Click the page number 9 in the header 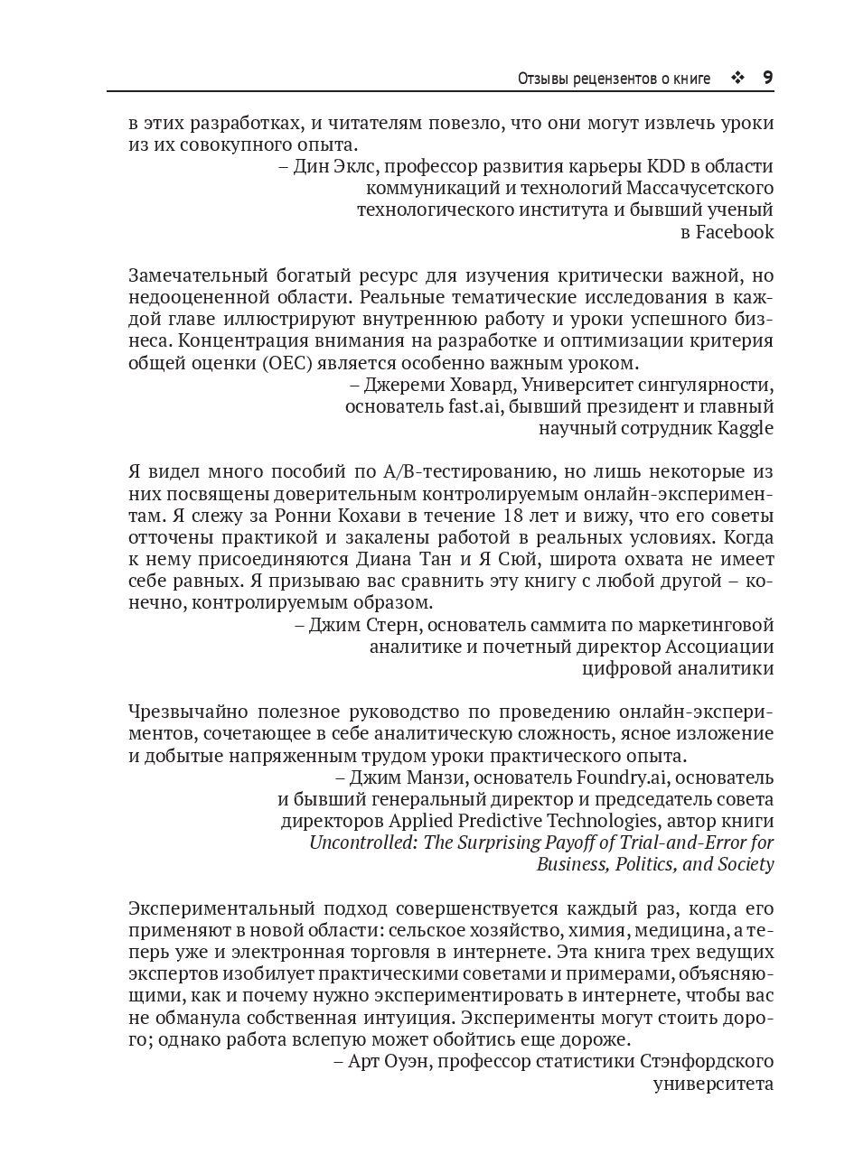pyautogui.click(x=767, y=78)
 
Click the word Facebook pyautogui.click(x=734, y=232)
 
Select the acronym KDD pyautogui.click(x=666, y=167)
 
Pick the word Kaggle pyautogui.click(x=745, y=428)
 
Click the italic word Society pyautogui.click(x=743, y=864)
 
